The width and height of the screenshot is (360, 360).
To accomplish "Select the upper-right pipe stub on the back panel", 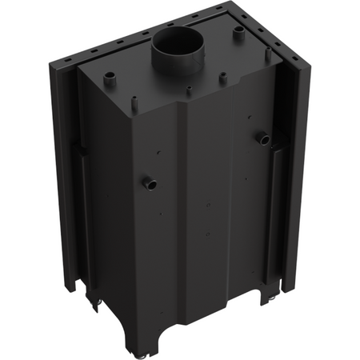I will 262,138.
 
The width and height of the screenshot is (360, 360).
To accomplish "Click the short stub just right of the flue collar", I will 222,78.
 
